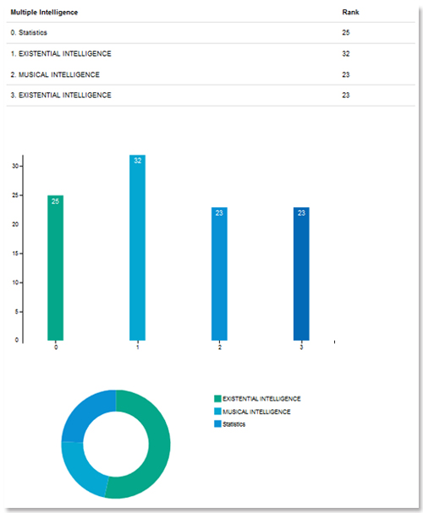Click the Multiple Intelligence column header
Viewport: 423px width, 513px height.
[44, 13]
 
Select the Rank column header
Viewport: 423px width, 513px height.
[350, 12]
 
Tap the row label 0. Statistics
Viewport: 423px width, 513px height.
[29, 33]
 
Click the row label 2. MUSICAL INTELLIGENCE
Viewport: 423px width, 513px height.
[55, 74]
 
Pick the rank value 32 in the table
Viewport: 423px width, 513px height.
[346, 53]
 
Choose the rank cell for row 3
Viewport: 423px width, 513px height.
[346, 96]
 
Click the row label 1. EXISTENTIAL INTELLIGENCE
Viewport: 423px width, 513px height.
[61, 53]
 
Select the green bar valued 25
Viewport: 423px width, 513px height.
[55, 268]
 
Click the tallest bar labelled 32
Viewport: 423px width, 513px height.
[138, 248]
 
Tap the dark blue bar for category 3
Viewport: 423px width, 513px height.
[301, 274]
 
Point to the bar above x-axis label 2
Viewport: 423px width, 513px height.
[219, 274]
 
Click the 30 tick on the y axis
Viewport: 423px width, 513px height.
[15, 166]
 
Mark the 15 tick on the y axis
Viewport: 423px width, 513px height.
[15, 254]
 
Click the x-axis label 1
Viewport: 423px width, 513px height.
[138, 347]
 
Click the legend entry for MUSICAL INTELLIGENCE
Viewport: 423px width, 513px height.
[252, 412]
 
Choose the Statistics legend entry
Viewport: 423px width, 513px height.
[230, 424]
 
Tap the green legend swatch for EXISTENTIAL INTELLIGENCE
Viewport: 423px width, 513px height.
[217, 399]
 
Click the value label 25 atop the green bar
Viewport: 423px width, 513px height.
[55, 201]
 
